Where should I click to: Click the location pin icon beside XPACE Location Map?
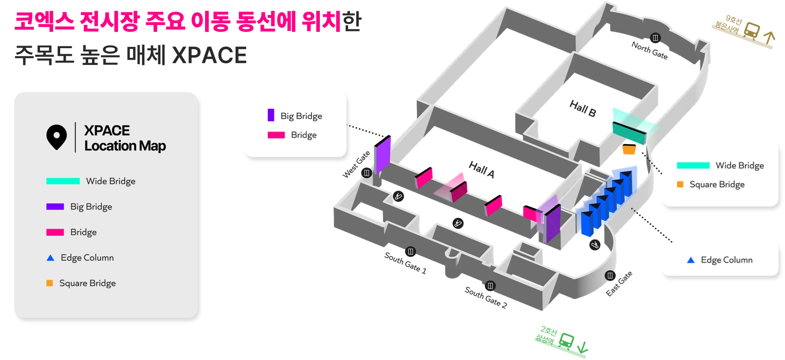click(56, 137)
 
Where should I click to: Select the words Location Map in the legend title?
click(125, 146)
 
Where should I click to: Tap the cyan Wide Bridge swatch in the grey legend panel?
click(63, 181)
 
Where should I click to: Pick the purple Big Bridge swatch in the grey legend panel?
click(55, 206)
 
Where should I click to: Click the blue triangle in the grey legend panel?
click(50, 258)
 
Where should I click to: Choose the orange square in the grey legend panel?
click(50, 283)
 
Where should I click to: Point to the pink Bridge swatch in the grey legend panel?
click(55, 232)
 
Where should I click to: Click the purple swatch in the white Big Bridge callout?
click(271, 115)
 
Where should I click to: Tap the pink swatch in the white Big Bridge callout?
click(276, 135)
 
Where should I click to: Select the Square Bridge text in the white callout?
click(717, 185)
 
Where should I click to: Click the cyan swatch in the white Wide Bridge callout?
click(693, 165)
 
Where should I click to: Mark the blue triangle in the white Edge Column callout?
click(691, 260)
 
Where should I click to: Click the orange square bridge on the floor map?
click(629, 150)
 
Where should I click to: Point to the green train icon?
click(567, 340)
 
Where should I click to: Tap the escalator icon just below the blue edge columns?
click(595, 245)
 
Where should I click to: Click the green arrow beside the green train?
click(583, 347)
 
